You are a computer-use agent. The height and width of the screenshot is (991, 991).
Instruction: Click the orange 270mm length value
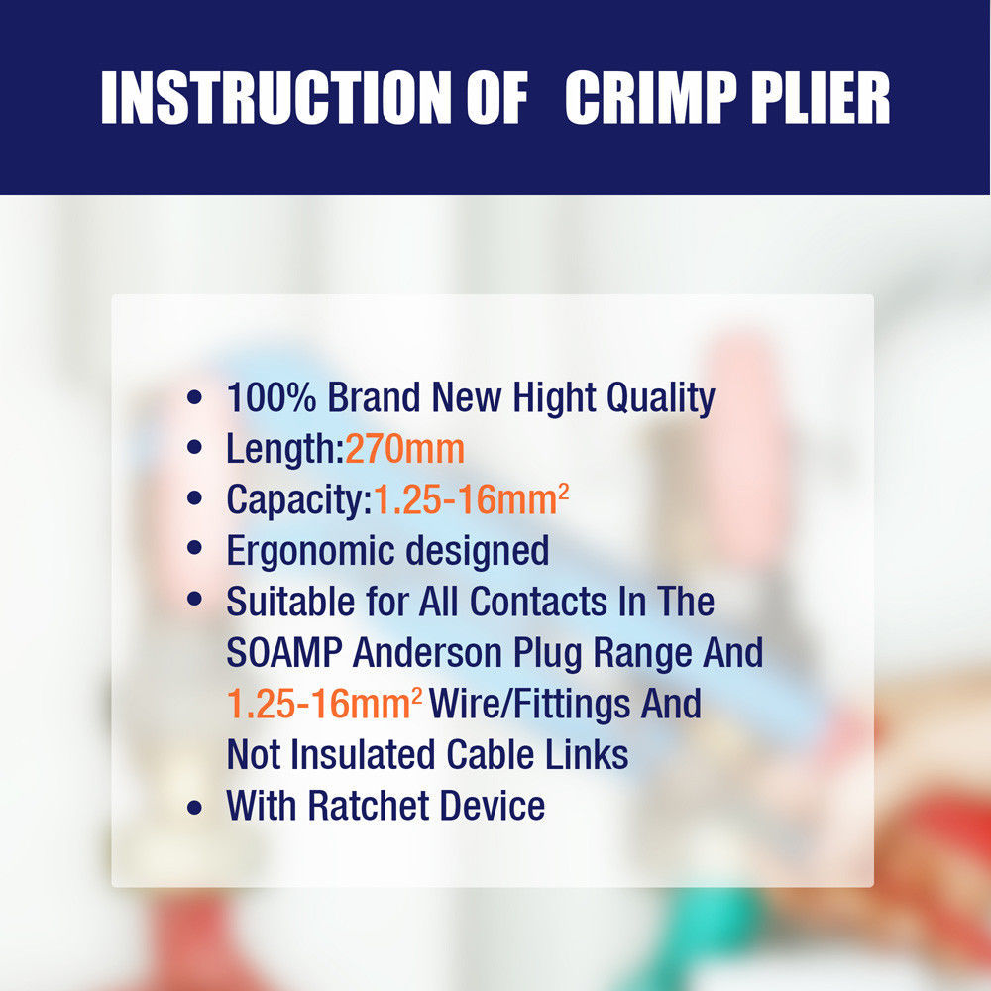click(x=404, y=449)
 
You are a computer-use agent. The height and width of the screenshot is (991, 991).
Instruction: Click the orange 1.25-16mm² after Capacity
click(x=471, y=499)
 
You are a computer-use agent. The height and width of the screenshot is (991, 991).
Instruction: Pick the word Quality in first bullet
click(x=660, y=398)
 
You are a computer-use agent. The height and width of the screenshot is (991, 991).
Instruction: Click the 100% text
click(x=272, y=397)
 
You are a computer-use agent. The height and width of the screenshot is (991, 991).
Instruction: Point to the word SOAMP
click(x=284, y=652)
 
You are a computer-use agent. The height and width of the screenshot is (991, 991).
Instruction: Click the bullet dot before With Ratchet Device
click(x=194, y=807)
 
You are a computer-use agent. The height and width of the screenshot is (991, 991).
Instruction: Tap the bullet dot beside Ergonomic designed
click(x=194, y=549)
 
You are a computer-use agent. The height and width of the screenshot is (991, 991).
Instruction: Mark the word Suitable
click(x=290, y=602)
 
